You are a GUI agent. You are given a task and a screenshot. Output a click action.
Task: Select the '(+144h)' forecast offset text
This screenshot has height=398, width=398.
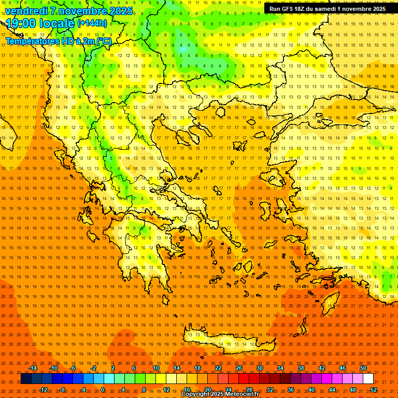(92, 23)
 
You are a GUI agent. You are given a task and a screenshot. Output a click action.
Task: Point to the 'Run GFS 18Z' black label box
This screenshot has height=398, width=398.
(327, 8)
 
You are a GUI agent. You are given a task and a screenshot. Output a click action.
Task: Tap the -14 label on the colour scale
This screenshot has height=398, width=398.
(33, 368)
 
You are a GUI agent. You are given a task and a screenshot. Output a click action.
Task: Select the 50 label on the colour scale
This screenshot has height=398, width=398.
(363, 368)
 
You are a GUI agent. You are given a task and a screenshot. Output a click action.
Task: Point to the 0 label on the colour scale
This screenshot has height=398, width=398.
(103, 389)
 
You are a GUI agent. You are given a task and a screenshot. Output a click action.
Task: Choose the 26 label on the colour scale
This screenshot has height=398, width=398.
(238, 368)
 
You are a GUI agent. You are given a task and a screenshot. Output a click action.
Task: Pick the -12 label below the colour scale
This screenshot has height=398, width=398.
(44, 389)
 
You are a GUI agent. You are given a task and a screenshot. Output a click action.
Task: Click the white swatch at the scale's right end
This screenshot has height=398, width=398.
(368, 379)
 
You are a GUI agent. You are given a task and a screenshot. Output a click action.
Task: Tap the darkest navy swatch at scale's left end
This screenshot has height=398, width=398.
(26, 379)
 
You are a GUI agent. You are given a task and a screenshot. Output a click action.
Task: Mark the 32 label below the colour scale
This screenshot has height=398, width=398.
(270, 389)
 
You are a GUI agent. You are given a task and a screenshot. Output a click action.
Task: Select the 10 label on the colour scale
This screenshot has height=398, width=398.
(155, 368)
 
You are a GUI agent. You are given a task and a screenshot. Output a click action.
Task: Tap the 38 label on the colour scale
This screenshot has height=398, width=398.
(301, 368)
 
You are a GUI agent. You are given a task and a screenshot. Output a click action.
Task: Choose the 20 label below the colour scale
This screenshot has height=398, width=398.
(208, 389)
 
